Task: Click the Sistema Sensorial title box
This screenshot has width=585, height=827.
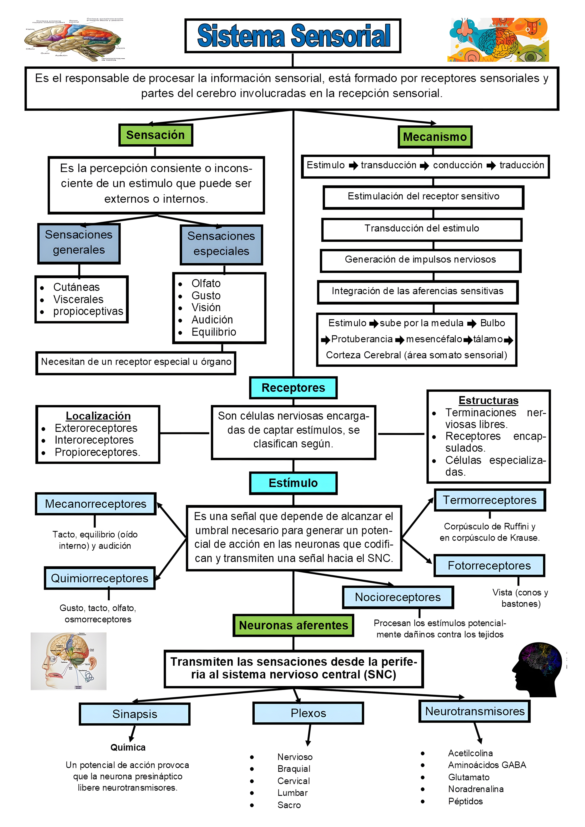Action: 293,36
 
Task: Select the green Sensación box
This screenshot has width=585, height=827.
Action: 155,135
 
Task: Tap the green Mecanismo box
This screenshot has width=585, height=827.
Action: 435,137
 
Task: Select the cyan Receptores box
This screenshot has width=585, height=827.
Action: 293,387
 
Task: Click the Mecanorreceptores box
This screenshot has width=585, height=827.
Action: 95,504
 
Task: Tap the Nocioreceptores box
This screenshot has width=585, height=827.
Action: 398,597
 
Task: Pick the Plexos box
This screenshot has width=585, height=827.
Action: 308,713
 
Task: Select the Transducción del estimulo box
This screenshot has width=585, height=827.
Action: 421,228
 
